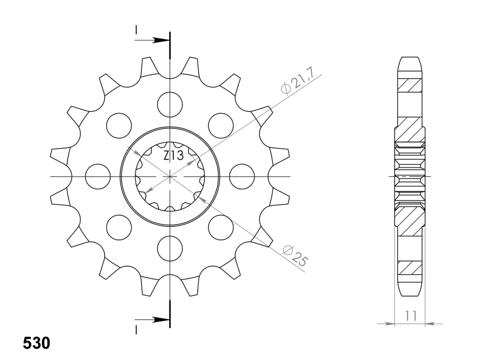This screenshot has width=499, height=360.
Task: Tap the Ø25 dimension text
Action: point(296,256)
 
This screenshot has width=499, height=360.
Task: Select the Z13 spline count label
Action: point(173,155)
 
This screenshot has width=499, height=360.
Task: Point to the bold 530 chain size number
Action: point(37,343)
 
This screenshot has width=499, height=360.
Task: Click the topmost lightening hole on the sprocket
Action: point(170,104)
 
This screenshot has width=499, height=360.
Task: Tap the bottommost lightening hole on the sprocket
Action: point(170,249)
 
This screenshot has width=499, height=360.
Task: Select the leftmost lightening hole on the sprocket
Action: point(98,176)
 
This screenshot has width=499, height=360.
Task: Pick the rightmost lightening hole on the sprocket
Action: point(242,176)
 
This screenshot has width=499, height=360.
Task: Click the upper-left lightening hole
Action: point(119,125)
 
